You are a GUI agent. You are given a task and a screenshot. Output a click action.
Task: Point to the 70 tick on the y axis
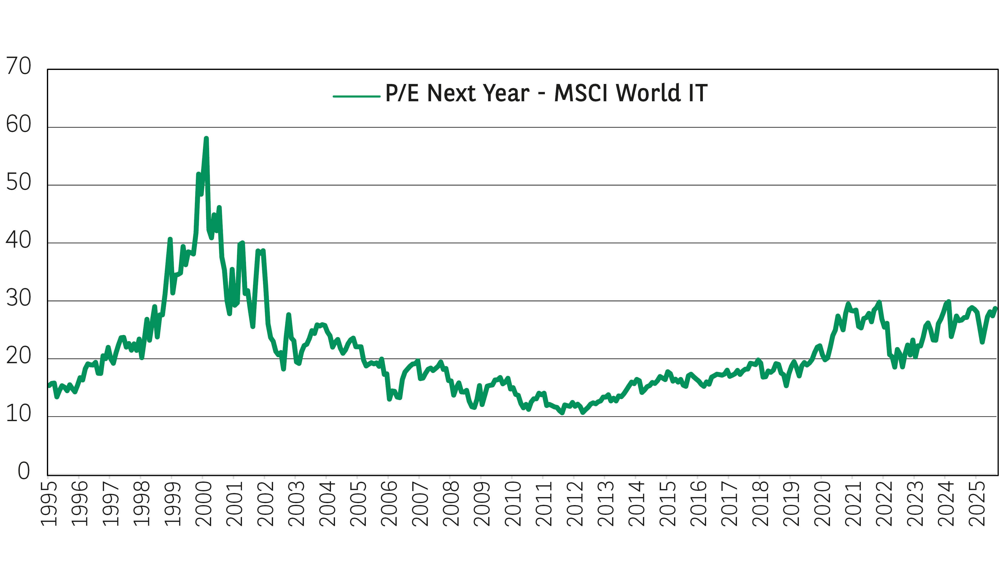(x=18, y=67)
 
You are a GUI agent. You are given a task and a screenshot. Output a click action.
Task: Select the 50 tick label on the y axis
(x=18, y=182)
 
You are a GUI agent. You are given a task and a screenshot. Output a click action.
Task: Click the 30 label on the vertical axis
(x=18, y=298)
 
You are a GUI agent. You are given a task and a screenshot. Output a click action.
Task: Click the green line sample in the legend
(x=356, y=96)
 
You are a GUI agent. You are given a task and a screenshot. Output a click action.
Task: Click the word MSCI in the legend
(x=582, y=93)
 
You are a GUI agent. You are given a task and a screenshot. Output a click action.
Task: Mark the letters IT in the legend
(x=698, y=93)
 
